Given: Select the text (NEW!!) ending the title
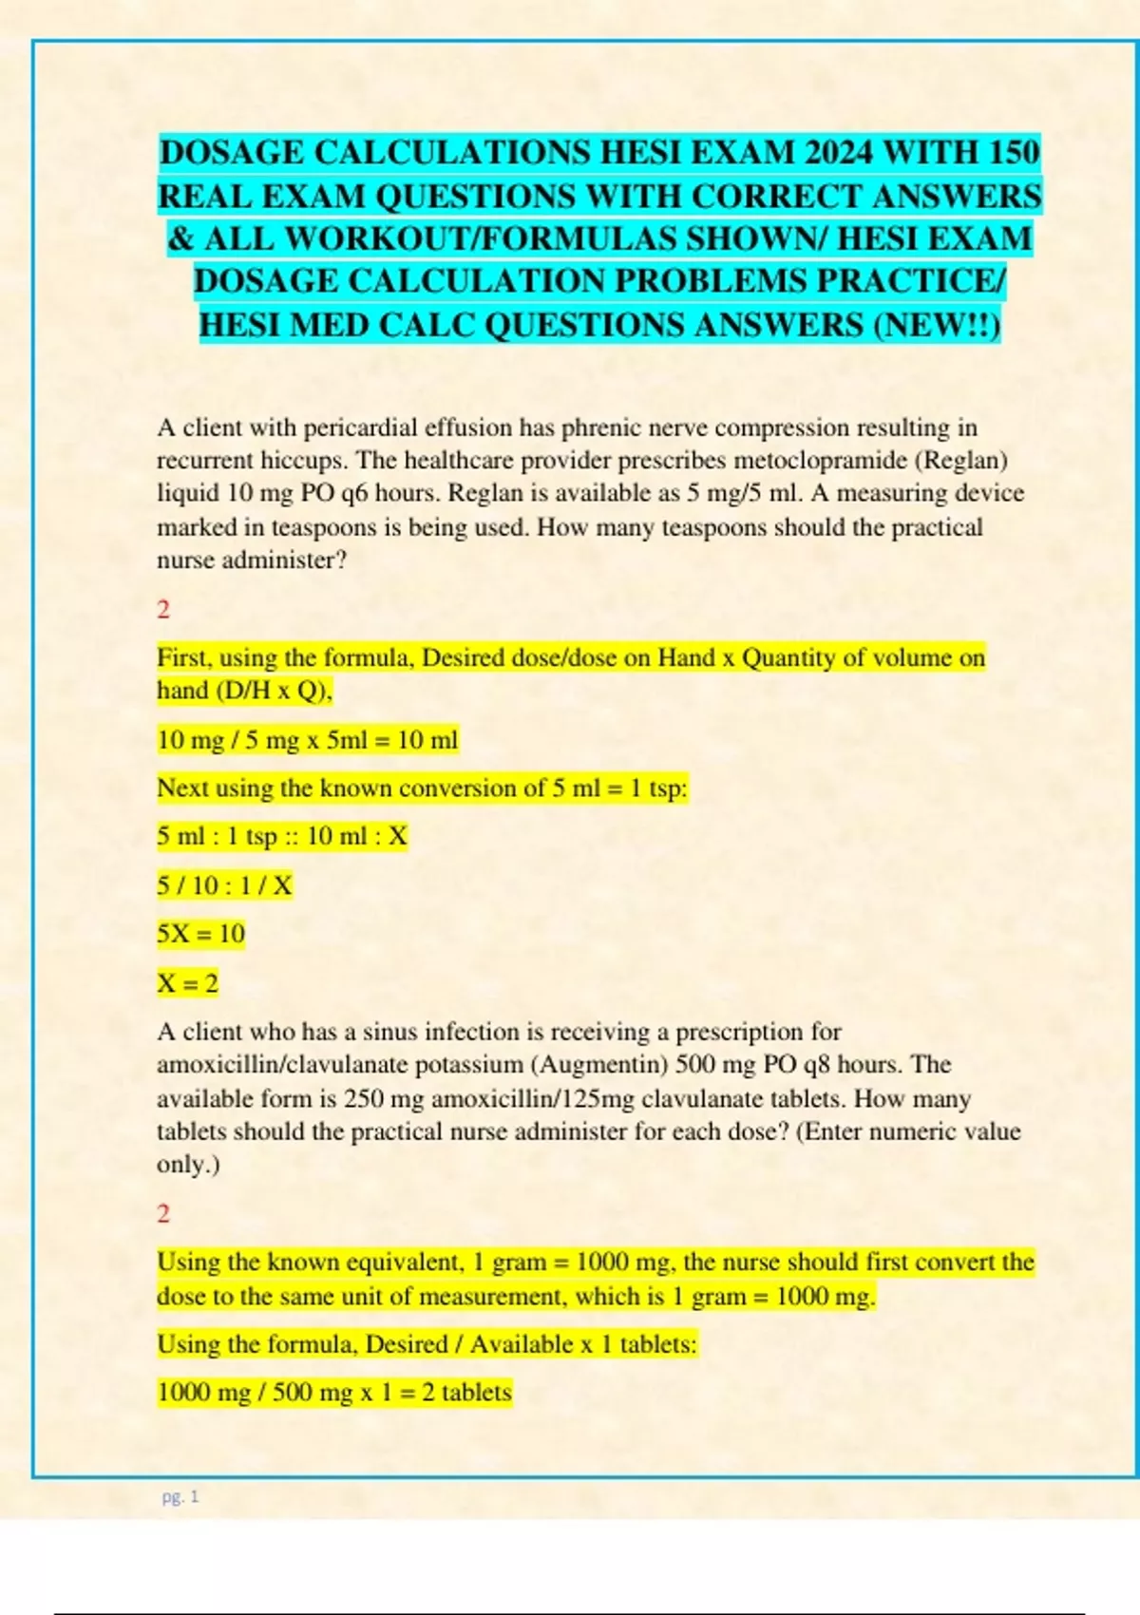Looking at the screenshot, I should (935, 325).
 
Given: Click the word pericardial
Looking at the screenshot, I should (360, 427).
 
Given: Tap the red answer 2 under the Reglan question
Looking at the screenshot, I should (163, 609).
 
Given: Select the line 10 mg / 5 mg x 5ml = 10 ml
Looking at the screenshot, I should (307, 739).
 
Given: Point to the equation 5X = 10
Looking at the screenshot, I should (200, 934).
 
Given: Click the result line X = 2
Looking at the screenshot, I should (187, 982).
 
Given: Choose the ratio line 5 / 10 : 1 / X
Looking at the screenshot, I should (224, 885).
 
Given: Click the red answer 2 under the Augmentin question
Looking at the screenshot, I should (163, 1213).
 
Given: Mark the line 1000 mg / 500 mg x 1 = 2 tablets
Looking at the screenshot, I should (333, 1393).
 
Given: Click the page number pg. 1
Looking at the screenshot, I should (180, 1497).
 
